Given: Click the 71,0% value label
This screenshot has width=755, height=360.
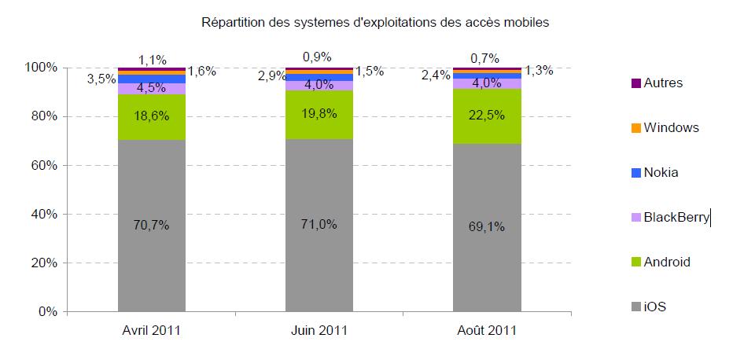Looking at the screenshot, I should (x=319, y=225).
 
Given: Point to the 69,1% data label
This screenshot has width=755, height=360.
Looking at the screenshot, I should (x=487, y=228).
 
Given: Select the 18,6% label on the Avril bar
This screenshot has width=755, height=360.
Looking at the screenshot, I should (x=152, y=116).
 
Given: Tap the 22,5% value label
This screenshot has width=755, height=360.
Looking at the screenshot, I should (x=487, y=115).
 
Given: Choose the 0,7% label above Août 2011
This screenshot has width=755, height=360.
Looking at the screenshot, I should (x=487, y=57).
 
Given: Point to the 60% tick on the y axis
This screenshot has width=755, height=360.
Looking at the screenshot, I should (x=44, y=165).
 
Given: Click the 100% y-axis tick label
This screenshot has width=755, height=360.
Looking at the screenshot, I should (x=41, y=68).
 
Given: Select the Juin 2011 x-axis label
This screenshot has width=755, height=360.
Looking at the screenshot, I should (x=319, y=330).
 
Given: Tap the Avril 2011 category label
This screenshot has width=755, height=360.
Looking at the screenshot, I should (x=152, y=330).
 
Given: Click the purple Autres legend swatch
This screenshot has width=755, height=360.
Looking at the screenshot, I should (x=635, y=83).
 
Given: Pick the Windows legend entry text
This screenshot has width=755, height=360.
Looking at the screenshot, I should (x=671, y=127).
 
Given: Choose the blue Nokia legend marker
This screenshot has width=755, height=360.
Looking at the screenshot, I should (x=635, y=173).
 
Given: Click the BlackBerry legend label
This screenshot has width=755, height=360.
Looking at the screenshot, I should (x=676, y=218).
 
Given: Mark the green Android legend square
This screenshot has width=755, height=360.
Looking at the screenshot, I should (x=635, y=263).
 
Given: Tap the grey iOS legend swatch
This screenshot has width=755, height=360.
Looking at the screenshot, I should (x=635, y=307).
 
